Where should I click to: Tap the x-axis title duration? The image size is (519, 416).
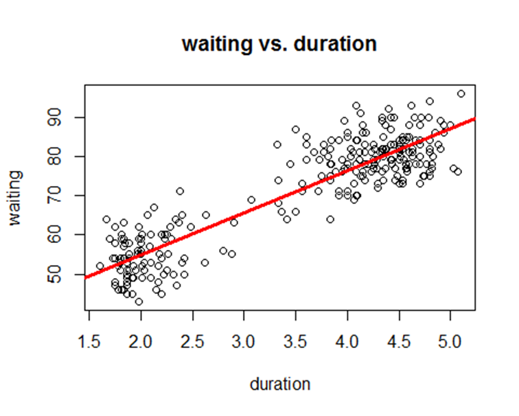coord(279,384)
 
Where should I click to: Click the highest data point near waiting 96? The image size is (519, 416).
coord(461,94)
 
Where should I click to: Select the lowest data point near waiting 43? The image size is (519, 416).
coord(139,301)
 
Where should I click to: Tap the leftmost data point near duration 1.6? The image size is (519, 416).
coord(100,266)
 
